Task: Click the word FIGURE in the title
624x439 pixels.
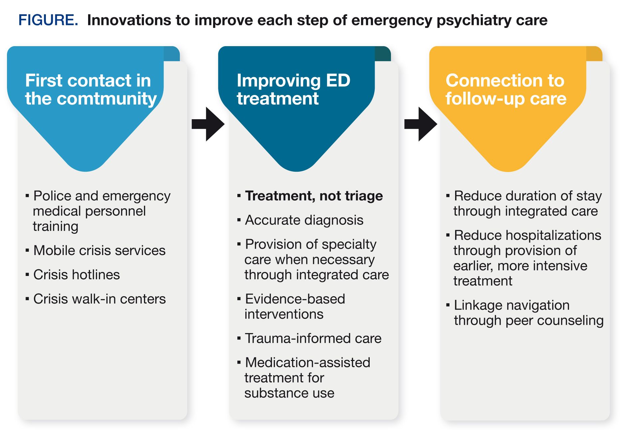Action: pos(48,20)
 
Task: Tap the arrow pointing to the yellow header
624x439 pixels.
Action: pos(421,124)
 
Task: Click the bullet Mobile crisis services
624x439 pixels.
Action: pos(99,250)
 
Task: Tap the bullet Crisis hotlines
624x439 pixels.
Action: pos(76,275)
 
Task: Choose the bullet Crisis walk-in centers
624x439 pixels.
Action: pos(99,299)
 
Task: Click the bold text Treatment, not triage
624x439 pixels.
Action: pos(314,196)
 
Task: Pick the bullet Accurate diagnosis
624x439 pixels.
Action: pos(304,220)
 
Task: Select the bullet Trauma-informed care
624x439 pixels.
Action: pos(313,338)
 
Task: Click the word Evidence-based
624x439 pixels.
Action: pos(295,299)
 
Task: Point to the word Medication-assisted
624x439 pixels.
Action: pos(308,362)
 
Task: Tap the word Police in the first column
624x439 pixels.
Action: pos(52,196)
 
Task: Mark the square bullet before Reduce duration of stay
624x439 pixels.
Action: pos(448,196)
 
